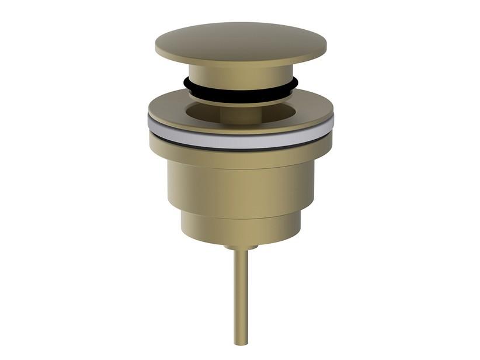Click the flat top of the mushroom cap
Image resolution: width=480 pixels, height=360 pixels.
point(239,39)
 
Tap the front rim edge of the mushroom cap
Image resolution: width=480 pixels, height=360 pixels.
point(241,62)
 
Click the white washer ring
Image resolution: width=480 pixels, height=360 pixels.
point(241,140)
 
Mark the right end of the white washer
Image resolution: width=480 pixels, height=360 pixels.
point(332,123)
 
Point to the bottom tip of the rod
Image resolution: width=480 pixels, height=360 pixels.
point(241,344)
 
